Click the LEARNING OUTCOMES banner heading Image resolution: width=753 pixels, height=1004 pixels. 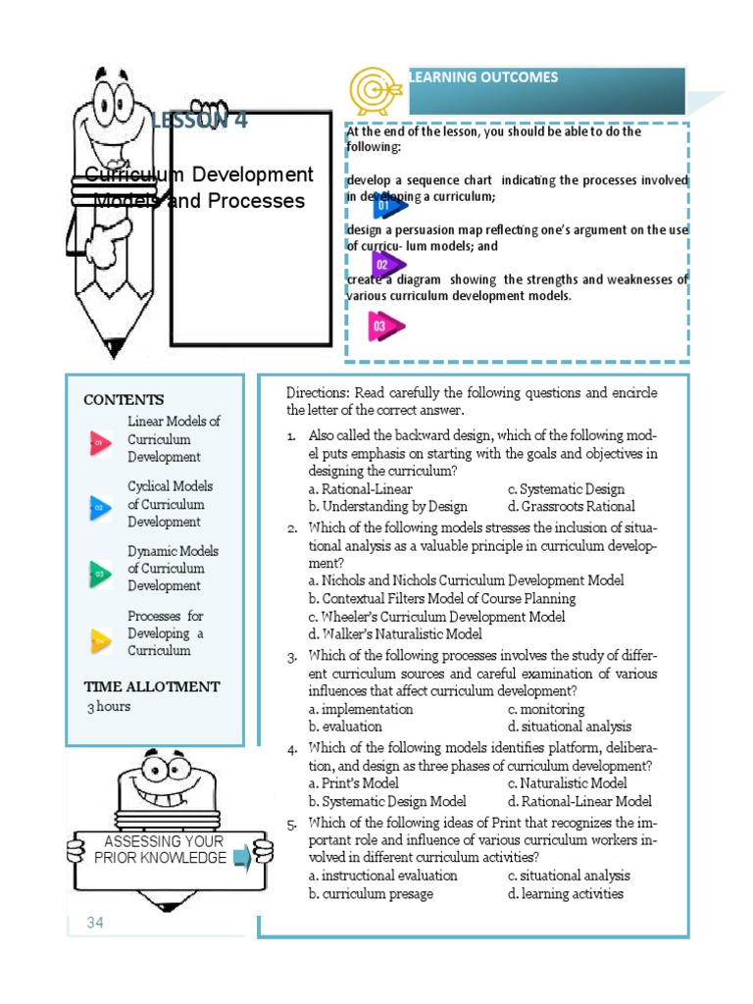(484, 76)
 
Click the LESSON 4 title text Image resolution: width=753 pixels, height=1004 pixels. (199, 121)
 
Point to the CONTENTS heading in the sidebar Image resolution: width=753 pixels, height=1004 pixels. (124, 400)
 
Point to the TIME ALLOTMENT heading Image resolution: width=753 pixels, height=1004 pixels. (152, 686)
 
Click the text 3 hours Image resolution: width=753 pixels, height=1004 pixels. (108, 706)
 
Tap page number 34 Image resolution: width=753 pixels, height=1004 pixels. (95, 923)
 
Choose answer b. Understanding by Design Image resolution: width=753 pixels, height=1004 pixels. (387, 507)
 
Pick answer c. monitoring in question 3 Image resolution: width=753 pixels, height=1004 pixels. (545, 709)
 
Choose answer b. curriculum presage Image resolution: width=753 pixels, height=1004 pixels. (370, 893)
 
